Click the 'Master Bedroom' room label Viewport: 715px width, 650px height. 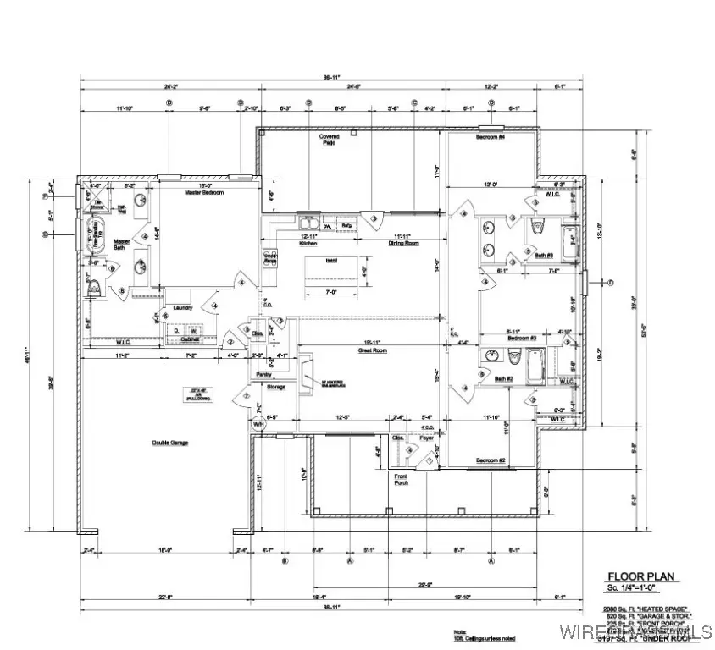[202, 193]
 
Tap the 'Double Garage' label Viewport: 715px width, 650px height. [170, 443]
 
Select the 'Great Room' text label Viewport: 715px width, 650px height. [372, 349]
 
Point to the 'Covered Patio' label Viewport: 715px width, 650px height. [329, 140]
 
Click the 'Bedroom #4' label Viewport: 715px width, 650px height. [490, 137]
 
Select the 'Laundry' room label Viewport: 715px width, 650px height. [183, 307]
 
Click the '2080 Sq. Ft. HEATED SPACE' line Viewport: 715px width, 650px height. [646, 609]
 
